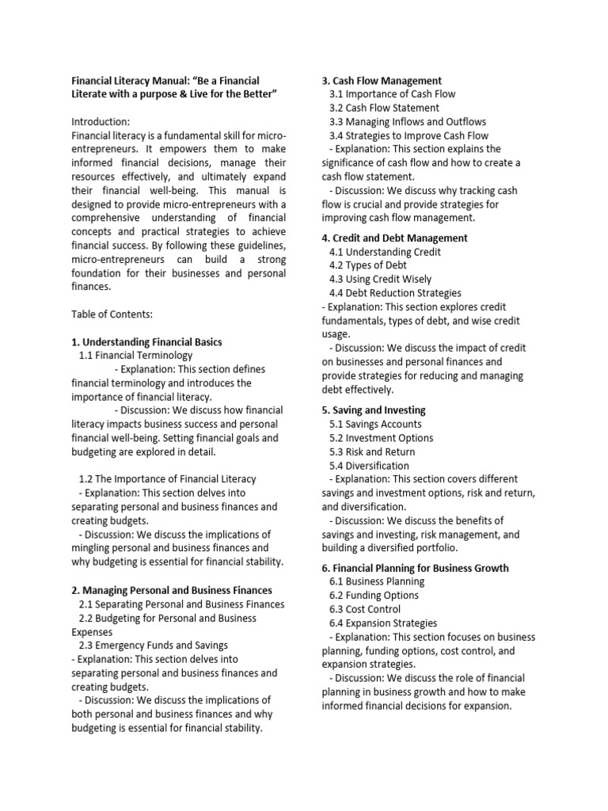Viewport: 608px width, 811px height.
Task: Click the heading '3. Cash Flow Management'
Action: click(382, 80)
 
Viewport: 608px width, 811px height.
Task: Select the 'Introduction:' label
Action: click(101, 122)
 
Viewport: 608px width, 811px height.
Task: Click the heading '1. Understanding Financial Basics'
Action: click(146, 342)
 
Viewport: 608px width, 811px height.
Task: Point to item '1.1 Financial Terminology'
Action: click(135, 356)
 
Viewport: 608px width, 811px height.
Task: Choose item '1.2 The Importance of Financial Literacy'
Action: click(168, 479)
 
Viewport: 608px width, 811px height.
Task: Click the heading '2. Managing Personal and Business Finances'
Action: click(172, 590)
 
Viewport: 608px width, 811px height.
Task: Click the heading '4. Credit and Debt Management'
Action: click(394, 238)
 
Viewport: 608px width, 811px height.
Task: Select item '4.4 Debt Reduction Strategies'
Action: click(395, 293)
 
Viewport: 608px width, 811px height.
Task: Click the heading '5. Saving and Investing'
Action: click(374, 410)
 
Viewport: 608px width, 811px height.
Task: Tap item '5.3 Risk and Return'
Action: click(372, 451)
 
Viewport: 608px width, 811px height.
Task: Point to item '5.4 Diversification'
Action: click(369, 466)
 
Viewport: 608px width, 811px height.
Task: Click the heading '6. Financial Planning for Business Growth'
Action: click(415, 568)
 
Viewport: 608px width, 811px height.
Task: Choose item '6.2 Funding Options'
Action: click(374, 596)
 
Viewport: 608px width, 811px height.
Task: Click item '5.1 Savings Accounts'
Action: click(375, 424)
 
